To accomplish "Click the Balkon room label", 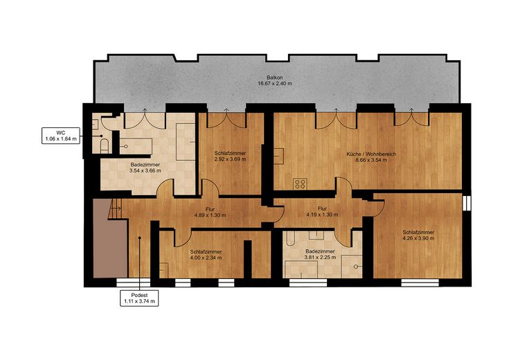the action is coord(275,80).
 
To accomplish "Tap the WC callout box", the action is coord(61,136).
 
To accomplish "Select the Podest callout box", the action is coord(139,298).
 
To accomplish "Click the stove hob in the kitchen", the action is coord(301,183).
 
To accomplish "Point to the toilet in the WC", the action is coord(105,146).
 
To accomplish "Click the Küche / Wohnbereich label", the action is coord(371,154).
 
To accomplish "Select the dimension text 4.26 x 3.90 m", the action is coord(418,238).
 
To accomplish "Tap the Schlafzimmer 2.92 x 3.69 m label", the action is coord(230,156).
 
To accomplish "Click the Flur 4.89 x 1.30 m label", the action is coord(210,212).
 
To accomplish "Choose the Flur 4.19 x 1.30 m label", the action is coord(322,212).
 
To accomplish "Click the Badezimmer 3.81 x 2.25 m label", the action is coord(320,254).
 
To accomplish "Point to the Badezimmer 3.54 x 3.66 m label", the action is coord(145,168).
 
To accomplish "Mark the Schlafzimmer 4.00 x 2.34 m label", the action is coord(206,255).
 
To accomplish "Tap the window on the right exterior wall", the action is coord(467,203).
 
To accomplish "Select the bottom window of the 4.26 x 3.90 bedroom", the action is coord(420,282).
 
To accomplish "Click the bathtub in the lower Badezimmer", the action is coord(290,238).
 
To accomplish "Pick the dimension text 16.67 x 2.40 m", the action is coord(275,84).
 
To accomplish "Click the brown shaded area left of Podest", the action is coord(109,240).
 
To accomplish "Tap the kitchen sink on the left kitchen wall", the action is coord(278,156).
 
